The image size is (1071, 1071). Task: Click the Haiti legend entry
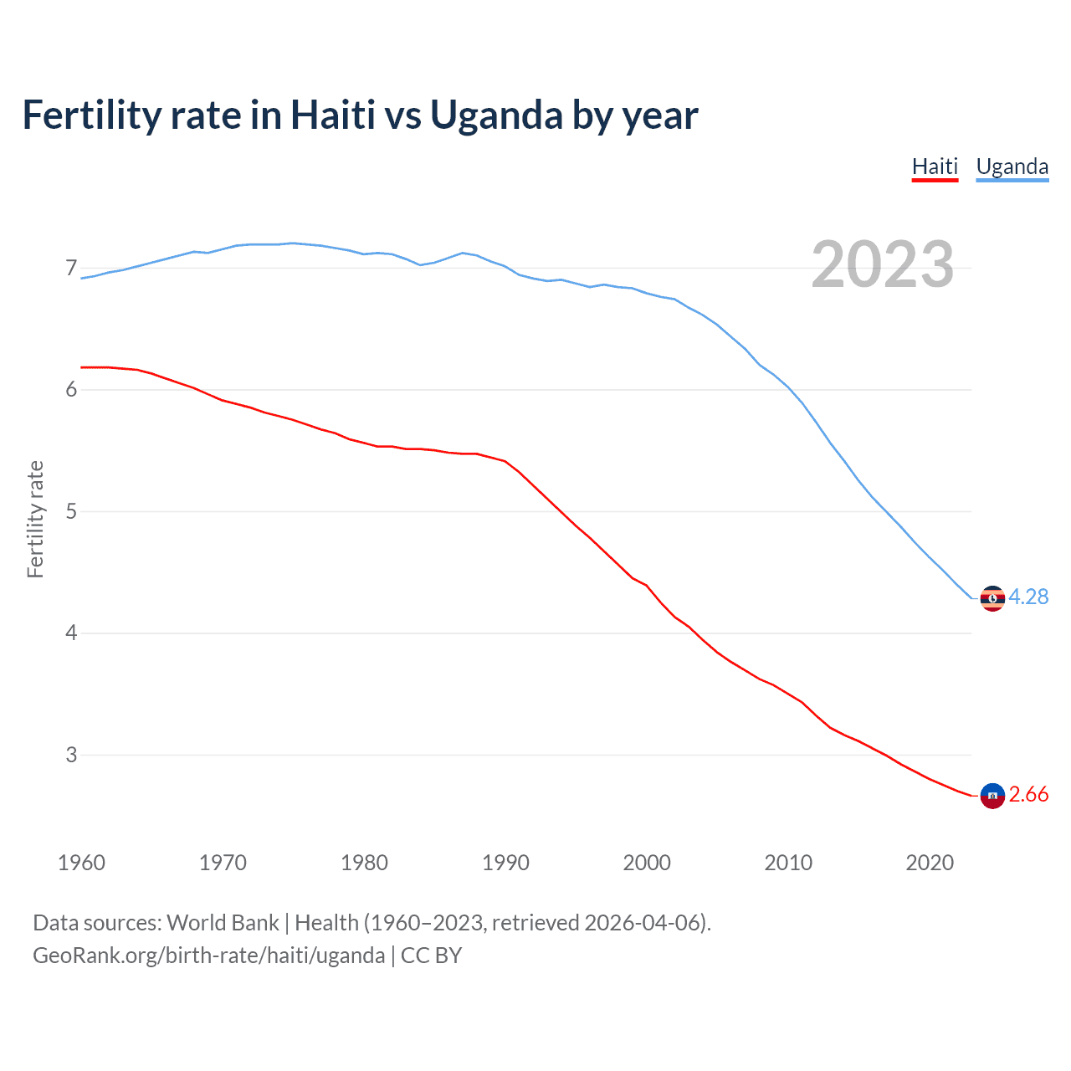(x=935, y=167)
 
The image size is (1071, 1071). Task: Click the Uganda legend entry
(x=1012, y=167)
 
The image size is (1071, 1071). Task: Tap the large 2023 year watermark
(x=882, y=264)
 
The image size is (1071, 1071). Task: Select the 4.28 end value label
(x=1028, y=597)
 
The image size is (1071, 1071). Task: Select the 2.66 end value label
(x=1028, y=794)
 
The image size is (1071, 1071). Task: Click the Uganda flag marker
(x=992, y=598)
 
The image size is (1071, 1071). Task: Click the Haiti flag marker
(x=992, y=796)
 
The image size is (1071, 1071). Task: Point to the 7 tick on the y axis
(x=71, y=268)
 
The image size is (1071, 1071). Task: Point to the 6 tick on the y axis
(x=71, y=389)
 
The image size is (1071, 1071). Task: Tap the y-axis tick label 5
(x=71, y=511)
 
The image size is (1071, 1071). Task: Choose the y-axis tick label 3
(x=71, y=755)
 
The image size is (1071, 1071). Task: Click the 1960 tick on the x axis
(x=81, y=863)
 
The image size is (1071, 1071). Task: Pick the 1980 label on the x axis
(x=364, y=863)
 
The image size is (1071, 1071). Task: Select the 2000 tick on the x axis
(x=647, y=863)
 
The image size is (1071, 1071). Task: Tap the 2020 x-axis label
(x=930, y=863)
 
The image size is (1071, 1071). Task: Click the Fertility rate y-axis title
(x=35, y=519)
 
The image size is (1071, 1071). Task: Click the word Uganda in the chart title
(x=496, y=115)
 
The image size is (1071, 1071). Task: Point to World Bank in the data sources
(x=223, y=923)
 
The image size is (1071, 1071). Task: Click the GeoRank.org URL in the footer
(x=208, y=956)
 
